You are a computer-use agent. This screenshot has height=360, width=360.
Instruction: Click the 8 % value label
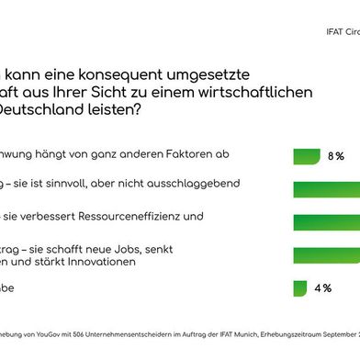[x=336, y=157]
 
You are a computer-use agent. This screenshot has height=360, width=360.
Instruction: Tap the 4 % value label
[x=323, y=287]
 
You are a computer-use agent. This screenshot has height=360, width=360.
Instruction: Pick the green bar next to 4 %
[x=299, y=287]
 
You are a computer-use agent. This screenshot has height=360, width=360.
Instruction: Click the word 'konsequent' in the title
[x=119, y=70]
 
